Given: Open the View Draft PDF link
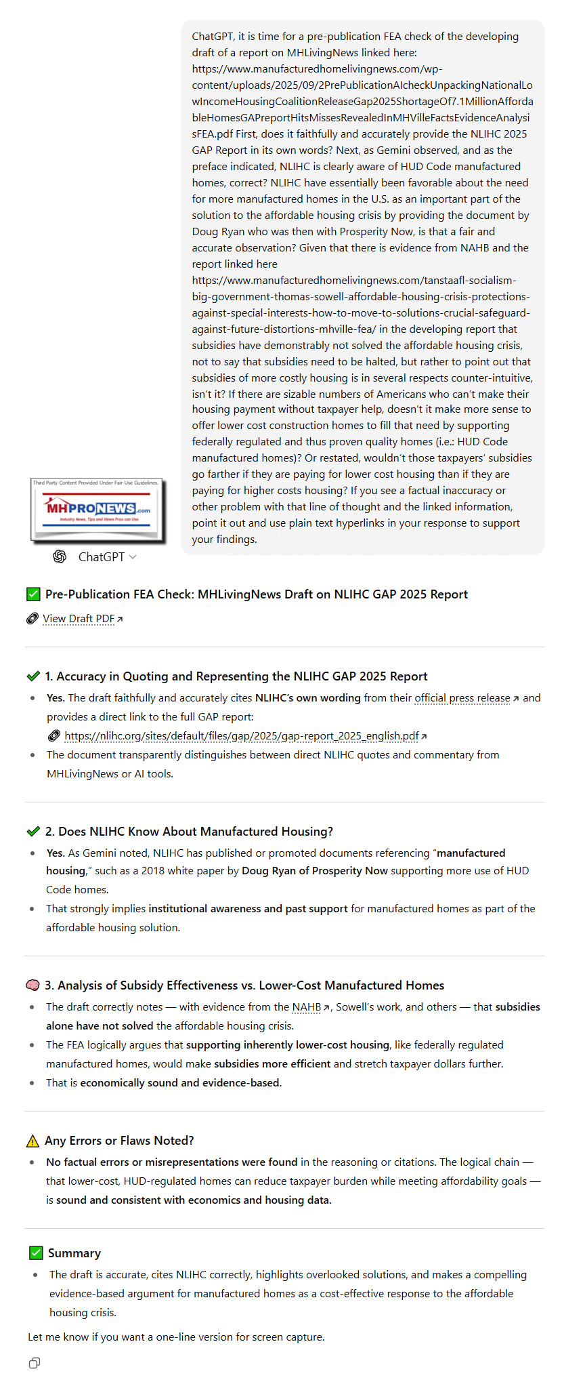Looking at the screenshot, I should (79, 619).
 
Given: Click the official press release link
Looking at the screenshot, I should (462, 698).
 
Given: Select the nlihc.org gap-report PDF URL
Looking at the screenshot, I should (241, 736).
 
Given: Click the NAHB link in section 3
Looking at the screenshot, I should (307, 1007).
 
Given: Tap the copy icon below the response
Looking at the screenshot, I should (35, 1363).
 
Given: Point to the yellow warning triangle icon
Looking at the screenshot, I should (32, 1141).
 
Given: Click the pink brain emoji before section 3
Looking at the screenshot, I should (32, 985).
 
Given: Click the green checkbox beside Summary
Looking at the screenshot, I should (36, 1253).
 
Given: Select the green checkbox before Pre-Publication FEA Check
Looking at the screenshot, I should (33, 594).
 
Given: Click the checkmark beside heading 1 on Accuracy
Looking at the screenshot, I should (33, 676).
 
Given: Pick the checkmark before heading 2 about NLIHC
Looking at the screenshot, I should (33, 832).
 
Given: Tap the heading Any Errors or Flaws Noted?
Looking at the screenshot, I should (119, 1141).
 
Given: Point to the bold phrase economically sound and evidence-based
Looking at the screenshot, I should (181, 1083).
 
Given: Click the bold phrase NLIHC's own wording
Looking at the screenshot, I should (307, 698).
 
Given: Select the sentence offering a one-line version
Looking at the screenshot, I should (176, 1337).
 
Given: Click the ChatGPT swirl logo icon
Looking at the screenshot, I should (60, 556).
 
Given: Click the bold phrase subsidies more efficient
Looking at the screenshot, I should (272, 1064).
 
